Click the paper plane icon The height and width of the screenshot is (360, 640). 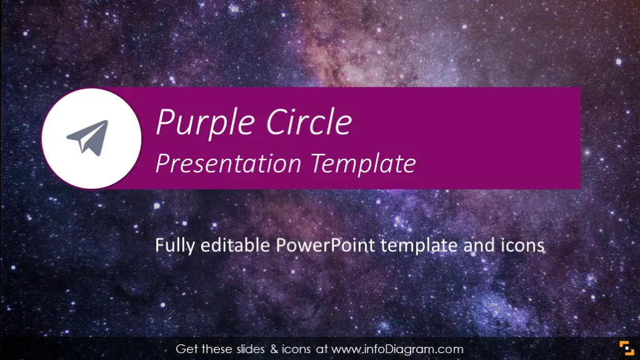[89, 137]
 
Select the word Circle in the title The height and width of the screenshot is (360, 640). [309, 122]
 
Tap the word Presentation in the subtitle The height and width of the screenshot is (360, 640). [229, 164]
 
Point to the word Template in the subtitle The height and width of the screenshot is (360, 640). [364, 164]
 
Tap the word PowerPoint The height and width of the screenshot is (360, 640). [325, 245]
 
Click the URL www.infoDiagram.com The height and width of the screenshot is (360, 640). [397, 349]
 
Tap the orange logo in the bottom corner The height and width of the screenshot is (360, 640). [626, 348]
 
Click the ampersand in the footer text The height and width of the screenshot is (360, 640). [274, 349]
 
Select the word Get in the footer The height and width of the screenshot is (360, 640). [187, 349]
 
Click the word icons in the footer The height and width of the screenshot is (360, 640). [296, 349]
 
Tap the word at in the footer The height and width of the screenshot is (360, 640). [322, 349]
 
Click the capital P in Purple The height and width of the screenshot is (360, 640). [165, 122]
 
